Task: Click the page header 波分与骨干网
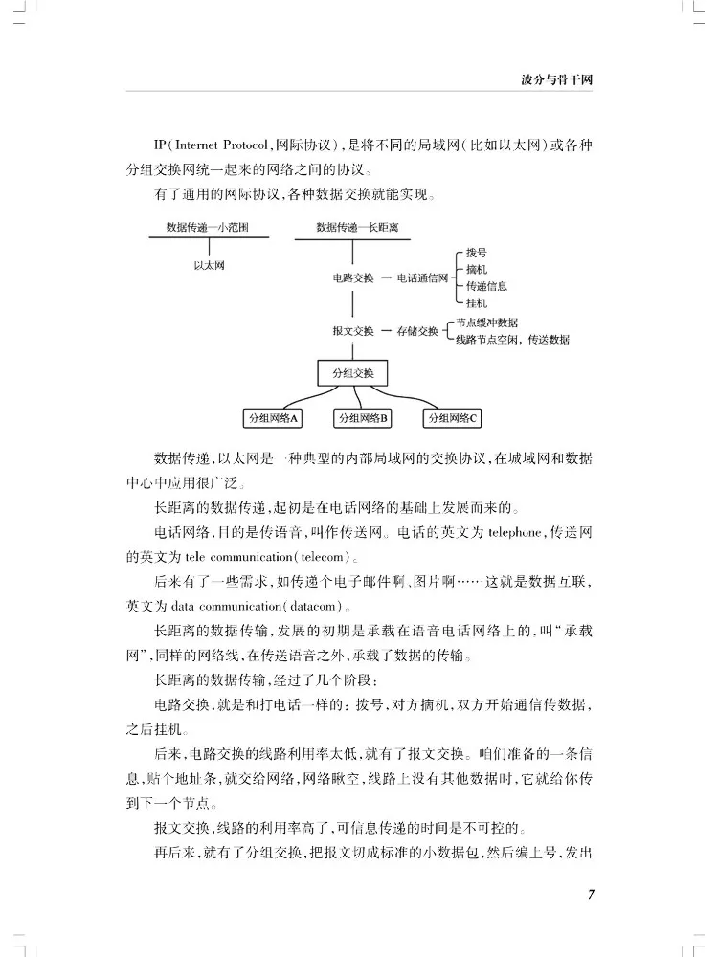click(x=554, y=78)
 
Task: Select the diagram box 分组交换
click(x=355, y=372)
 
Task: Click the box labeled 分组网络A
click(x=274, y=418)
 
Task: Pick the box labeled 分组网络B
click(x=362, y=418)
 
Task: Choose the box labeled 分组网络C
click(x=452, y=418)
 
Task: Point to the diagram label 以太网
click(x=209, y=265)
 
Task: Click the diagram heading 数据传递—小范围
click(x=208, y=228)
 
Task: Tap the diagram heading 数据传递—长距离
click(x=355, y=228)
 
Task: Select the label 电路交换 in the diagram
click(x=353, y=278)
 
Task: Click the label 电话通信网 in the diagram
click(x=422, y=278)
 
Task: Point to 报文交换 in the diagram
click(x=353, y=330)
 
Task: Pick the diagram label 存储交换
click(x=417, y=330)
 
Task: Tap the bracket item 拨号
click(x=477, y=253)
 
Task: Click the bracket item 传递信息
click(x=486, y=285)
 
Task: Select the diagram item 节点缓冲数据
click(x=487, y=323)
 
